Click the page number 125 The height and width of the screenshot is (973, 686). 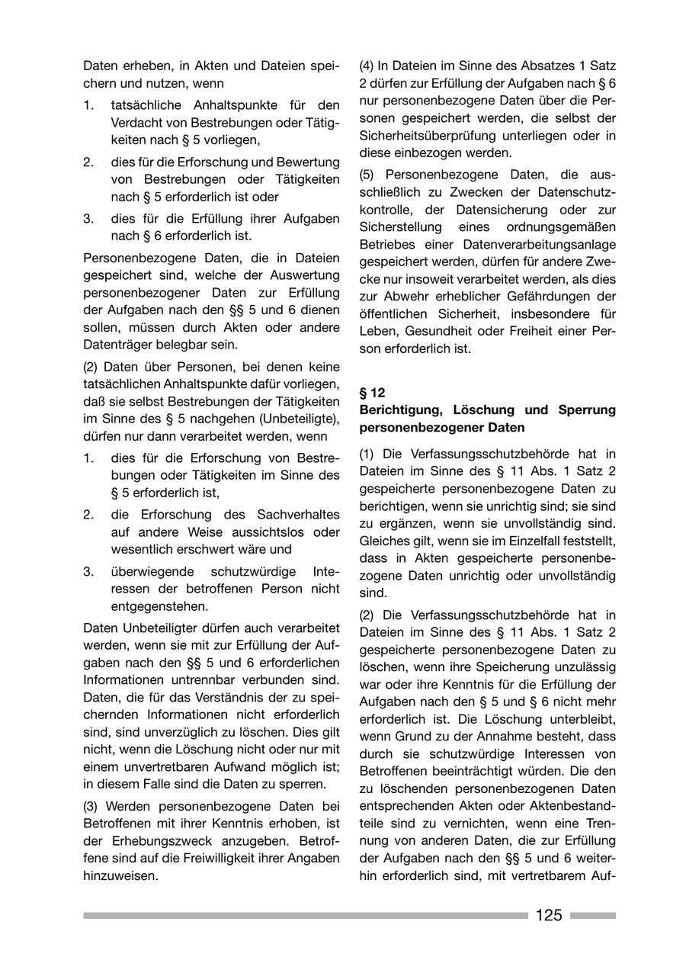(x=549, y=915)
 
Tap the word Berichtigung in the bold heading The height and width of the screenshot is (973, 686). (x=402, y=410)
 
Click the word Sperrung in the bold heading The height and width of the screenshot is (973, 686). (x=586, y=410)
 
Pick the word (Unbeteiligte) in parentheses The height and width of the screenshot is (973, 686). (x=300, y=419)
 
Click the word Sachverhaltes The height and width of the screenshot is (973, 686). (x=300, y=515)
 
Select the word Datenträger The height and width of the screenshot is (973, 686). (x=117, y=345)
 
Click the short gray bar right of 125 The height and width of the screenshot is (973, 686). (x=592, y=915)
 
